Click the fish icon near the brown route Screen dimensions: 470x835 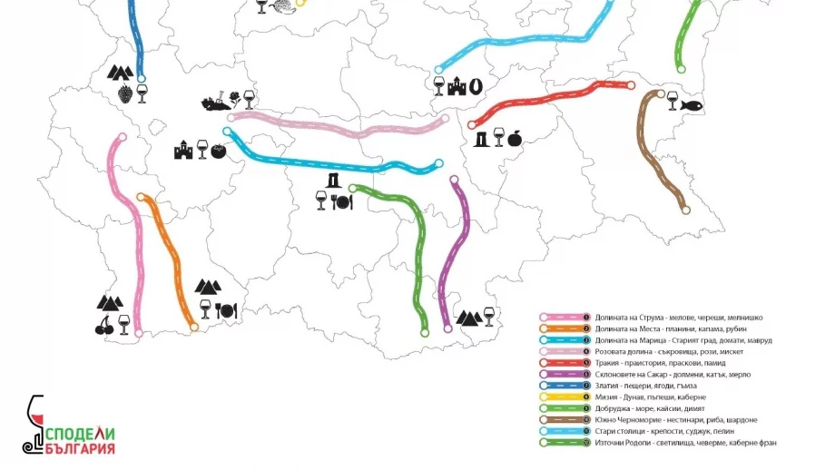(x=692, y=105)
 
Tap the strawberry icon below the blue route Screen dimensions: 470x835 (x=124, y=93)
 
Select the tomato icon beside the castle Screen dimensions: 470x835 (x=218, y=151)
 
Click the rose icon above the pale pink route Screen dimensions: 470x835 (x=234, y=96)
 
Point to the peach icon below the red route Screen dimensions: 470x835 (x=514, y=138)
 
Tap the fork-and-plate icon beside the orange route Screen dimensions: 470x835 (x=225, y=310)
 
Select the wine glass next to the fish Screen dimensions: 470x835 (x=673, y=95)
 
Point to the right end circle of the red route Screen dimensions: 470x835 (x=630, y=85)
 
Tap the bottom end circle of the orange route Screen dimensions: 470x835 (x=193, y=327)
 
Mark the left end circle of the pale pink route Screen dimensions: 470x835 (x=231, y=117)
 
